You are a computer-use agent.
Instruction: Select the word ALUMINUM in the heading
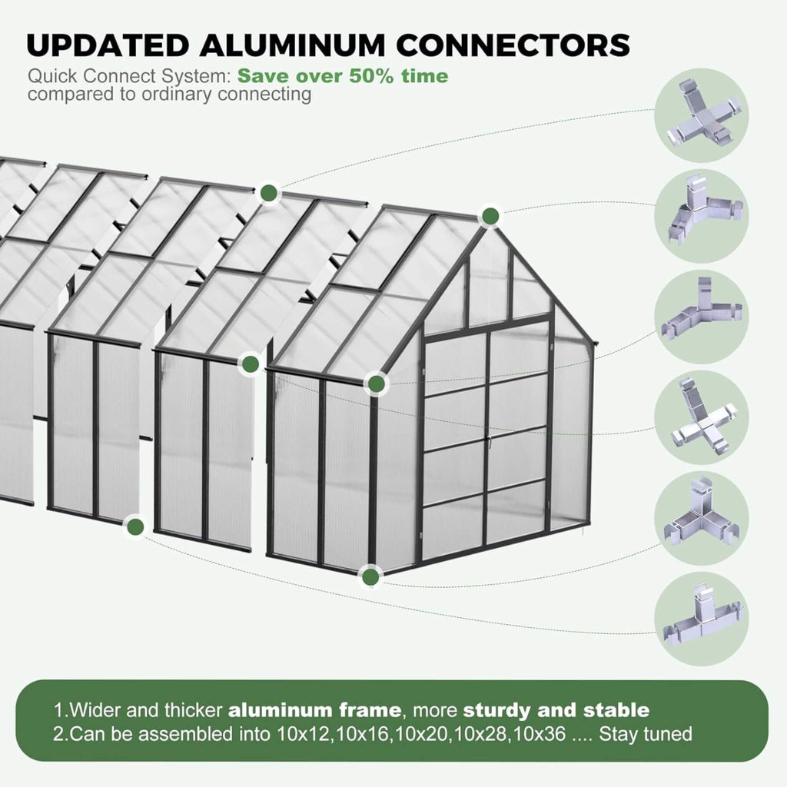[x=306, y=45]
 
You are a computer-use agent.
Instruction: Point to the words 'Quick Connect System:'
[x=129, y=77]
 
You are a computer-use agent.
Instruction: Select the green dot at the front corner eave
[x=376, y=384]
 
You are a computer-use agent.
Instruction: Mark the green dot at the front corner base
[x=371, y=576]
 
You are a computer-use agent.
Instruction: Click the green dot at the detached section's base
[x=136, y=527]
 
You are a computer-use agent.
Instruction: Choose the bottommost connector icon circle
[x=701, y=619]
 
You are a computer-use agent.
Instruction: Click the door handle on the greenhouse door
[x=486, y=440]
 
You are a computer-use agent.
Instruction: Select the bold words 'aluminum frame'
[x=314, y=709]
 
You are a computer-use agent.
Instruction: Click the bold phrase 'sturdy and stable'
[x=556, y=709]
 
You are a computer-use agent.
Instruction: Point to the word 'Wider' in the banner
[x=95, y=709]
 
